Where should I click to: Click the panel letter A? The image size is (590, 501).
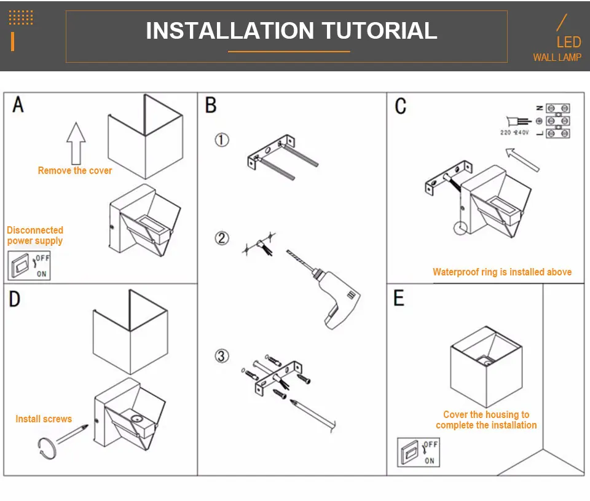[x=18, y=105]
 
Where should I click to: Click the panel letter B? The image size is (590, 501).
[x=211, y=105]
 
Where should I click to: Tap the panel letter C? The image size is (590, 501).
[x=401, y=106]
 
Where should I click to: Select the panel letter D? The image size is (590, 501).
[x=15, y=299]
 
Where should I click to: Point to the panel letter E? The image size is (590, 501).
[x=399, y=299]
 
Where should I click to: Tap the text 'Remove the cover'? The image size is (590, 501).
[x=75, y=171]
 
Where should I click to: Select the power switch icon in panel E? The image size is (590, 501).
[x=418, y=452]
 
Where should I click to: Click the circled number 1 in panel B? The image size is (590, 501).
[x=222, y=140]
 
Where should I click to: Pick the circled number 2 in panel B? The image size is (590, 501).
[x=222, y=238]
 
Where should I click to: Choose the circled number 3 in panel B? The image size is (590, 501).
[x=222, y=356]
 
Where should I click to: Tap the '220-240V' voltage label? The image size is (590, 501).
[x=515, y=133]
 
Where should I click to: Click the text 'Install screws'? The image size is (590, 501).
[x=44, y=419]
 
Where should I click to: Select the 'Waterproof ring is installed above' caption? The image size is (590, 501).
[x=502, y=272]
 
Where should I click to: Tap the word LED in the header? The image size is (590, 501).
[x=568, y=42]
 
